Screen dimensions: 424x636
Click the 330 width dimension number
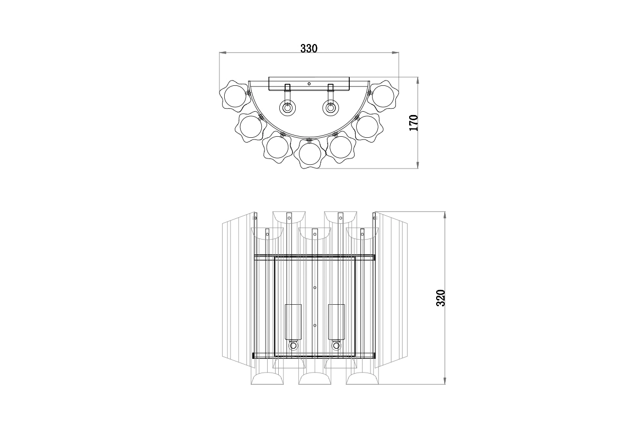(x=308, y=48)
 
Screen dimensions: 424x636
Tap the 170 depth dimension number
(x=414, y=122)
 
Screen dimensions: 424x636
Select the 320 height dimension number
(x=440, y=298)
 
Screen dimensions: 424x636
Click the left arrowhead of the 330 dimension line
(x=223, y=52)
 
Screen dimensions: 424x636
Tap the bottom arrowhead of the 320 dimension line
(x=445, y=383)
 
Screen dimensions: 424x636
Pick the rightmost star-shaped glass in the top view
(x=384, y=96)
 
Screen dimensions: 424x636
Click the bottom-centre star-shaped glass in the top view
(x=310, y=153)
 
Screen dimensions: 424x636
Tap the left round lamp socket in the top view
(x=287, y=108)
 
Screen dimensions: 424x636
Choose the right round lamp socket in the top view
(x=331, y=108)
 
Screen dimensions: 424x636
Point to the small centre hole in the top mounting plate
(x=309, y=84)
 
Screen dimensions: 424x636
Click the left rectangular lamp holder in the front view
(x=293, y=322)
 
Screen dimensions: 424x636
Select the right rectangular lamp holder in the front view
(x=336, y=322)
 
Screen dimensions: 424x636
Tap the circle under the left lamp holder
(x=293, y=346)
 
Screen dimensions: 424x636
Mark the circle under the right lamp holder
(x=336, y=346)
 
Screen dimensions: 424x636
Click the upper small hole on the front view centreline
(x=315, y=288)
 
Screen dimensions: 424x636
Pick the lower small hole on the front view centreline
(x=315, y=325)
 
